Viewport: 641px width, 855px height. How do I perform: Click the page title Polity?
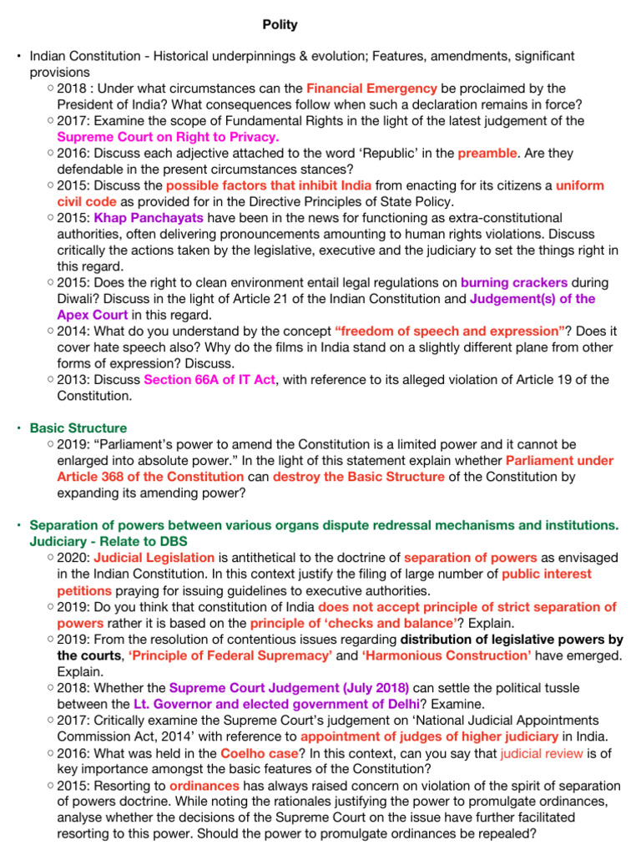[x=280, y=25]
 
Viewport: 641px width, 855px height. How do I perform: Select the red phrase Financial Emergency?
[x=371, y=89]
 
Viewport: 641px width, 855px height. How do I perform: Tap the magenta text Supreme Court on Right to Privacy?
[x=168, y=137]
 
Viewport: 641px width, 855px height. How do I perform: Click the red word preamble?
[x=487, y=153]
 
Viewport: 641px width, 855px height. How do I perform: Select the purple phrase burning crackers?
[x=513, y=283]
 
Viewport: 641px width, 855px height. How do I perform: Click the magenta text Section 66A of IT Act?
[x=209, y=380]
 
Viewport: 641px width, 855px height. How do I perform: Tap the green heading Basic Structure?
[x=78, y=428]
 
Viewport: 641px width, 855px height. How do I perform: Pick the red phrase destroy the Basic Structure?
[x=358, y=477]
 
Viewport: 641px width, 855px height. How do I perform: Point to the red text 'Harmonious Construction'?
[x=447, y=655]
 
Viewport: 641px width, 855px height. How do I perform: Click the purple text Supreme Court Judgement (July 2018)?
[x=289, y=688]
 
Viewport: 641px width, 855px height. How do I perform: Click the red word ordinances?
[x=204, y=786]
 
